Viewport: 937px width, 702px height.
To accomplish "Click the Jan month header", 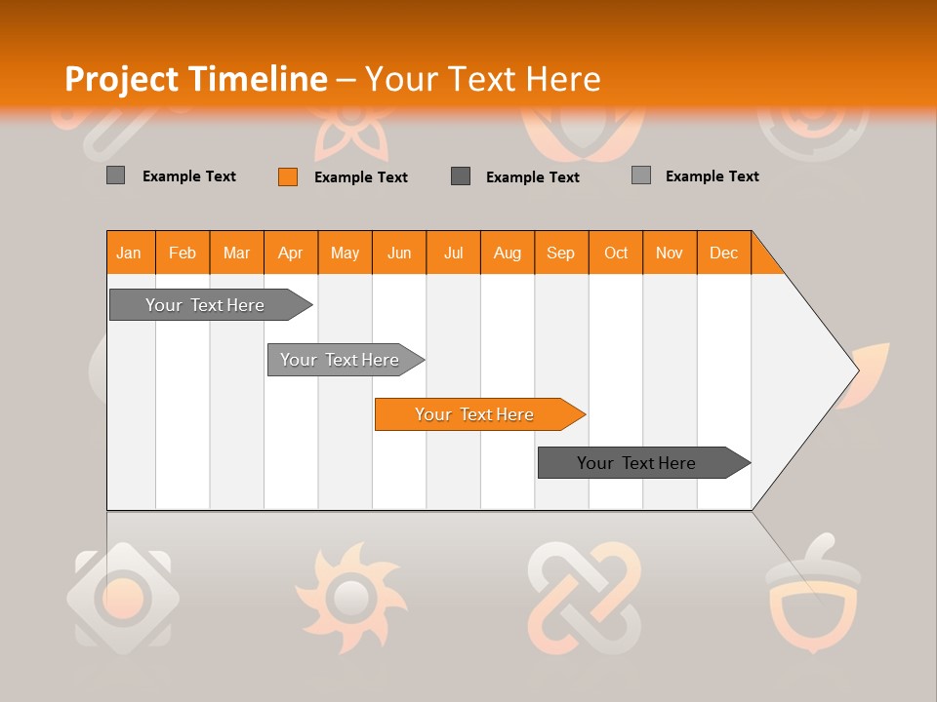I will point(130,253).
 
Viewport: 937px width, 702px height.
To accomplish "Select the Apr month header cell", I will point(291,253).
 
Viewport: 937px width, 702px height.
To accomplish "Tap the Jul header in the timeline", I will point(453,253).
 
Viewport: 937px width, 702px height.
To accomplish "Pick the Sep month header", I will point(561,253).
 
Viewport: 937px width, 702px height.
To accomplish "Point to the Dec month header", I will point(723,253).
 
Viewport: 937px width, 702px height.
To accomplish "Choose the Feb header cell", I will point(183,253).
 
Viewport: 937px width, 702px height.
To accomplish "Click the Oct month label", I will point(616,253).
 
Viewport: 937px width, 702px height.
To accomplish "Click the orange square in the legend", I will point(288,176).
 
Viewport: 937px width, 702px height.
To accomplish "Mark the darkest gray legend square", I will point(461,176).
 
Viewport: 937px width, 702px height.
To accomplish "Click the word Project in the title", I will point(119,79).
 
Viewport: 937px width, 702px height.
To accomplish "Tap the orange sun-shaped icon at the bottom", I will point(348,596).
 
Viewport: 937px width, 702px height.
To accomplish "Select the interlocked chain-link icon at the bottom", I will point(584,596).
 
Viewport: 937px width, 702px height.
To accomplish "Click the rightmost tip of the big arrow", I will point(856,370).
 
